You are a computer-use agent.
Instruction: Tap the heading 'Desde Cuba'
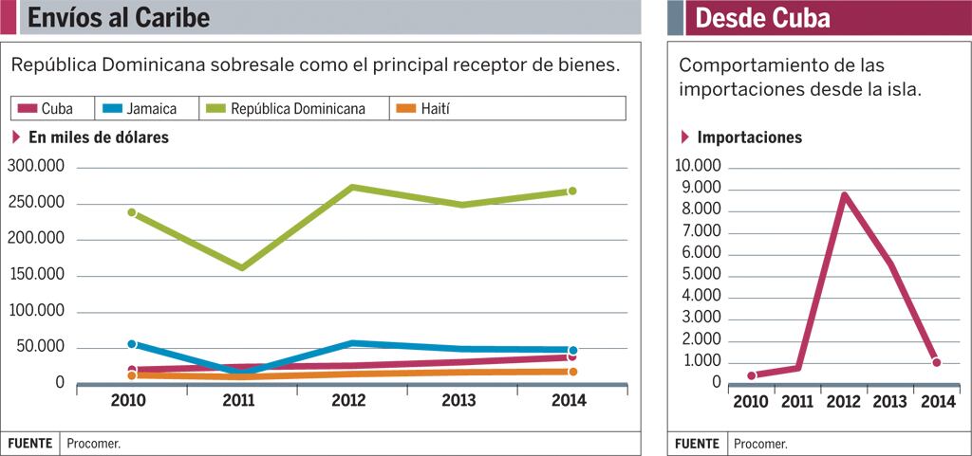(x=762, y=17)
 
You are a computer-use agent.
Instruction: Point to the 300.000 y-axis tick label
(x=35, y=167)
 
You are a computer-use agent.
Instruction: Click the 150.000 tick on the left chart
(x=35, y=276)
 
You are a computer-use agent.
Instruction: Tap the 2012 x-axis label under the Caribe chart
(x=349, y=401)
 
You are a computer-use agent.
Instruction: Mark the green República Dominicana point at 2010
(x=131, y=212)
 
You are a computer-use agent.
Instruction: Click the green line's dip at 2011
(x=241, y=267)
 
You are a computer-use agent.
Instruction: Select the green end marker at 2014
(x=572, y=192)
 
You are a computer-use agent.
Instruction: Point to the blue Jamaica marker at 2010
(x=131, y=344)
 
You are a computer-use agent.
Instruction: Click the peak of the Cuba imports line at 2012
(x=844, y=195)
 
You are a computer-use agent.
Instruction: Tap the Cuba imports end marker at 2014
(x=937, y=362)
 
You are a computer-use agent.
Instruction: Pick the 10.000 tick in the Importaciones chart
(x=698, y=167)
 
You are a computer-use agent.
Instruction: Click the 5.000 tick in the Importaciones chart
(x=701, y=276)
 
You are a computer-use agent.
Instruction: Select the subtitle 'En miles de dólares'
(x=99, y=137)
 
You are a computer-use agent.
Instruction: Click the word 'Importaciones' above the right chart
(x=749, y=137)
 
